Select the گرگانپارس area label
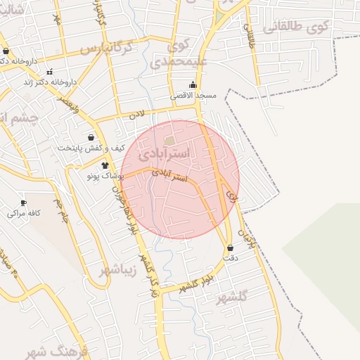pos(105,49)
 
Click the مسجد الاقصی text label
pos(193,95)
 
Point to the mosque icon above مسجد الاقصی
pos(193,84)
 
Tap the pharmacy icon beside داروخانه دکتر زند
pos(49,72)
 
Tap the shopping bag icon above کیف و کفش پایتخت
pos(91,137)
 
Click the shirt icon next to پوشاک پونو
pos(105,165)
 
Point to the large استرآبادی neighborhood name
pos(165,152)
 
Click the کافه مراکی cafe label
pos(23,212)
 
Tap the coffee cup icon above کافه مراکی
pos(23,202)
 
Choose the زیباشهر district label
pos(115,271)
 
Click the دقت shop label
pos(231,258)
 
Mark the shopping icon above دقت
pos(231,247)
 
